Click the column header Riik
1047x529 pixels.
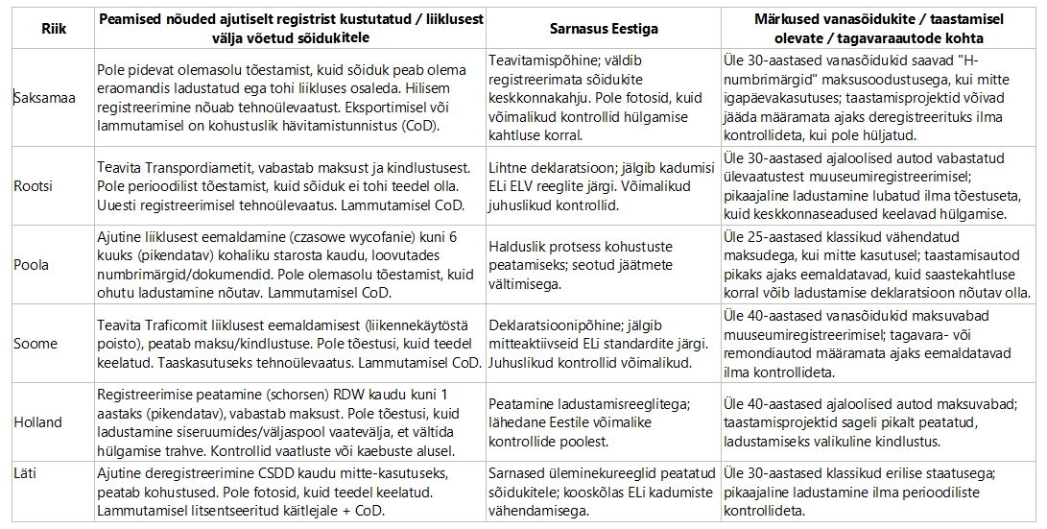[x=48, y=29]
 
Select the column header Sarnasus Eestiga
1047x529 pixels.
[x=604, y=29]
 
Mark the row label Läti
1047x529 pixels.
[x=29, y=471]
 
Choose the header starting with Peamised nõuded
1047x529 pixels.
[x=292, y=29]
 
